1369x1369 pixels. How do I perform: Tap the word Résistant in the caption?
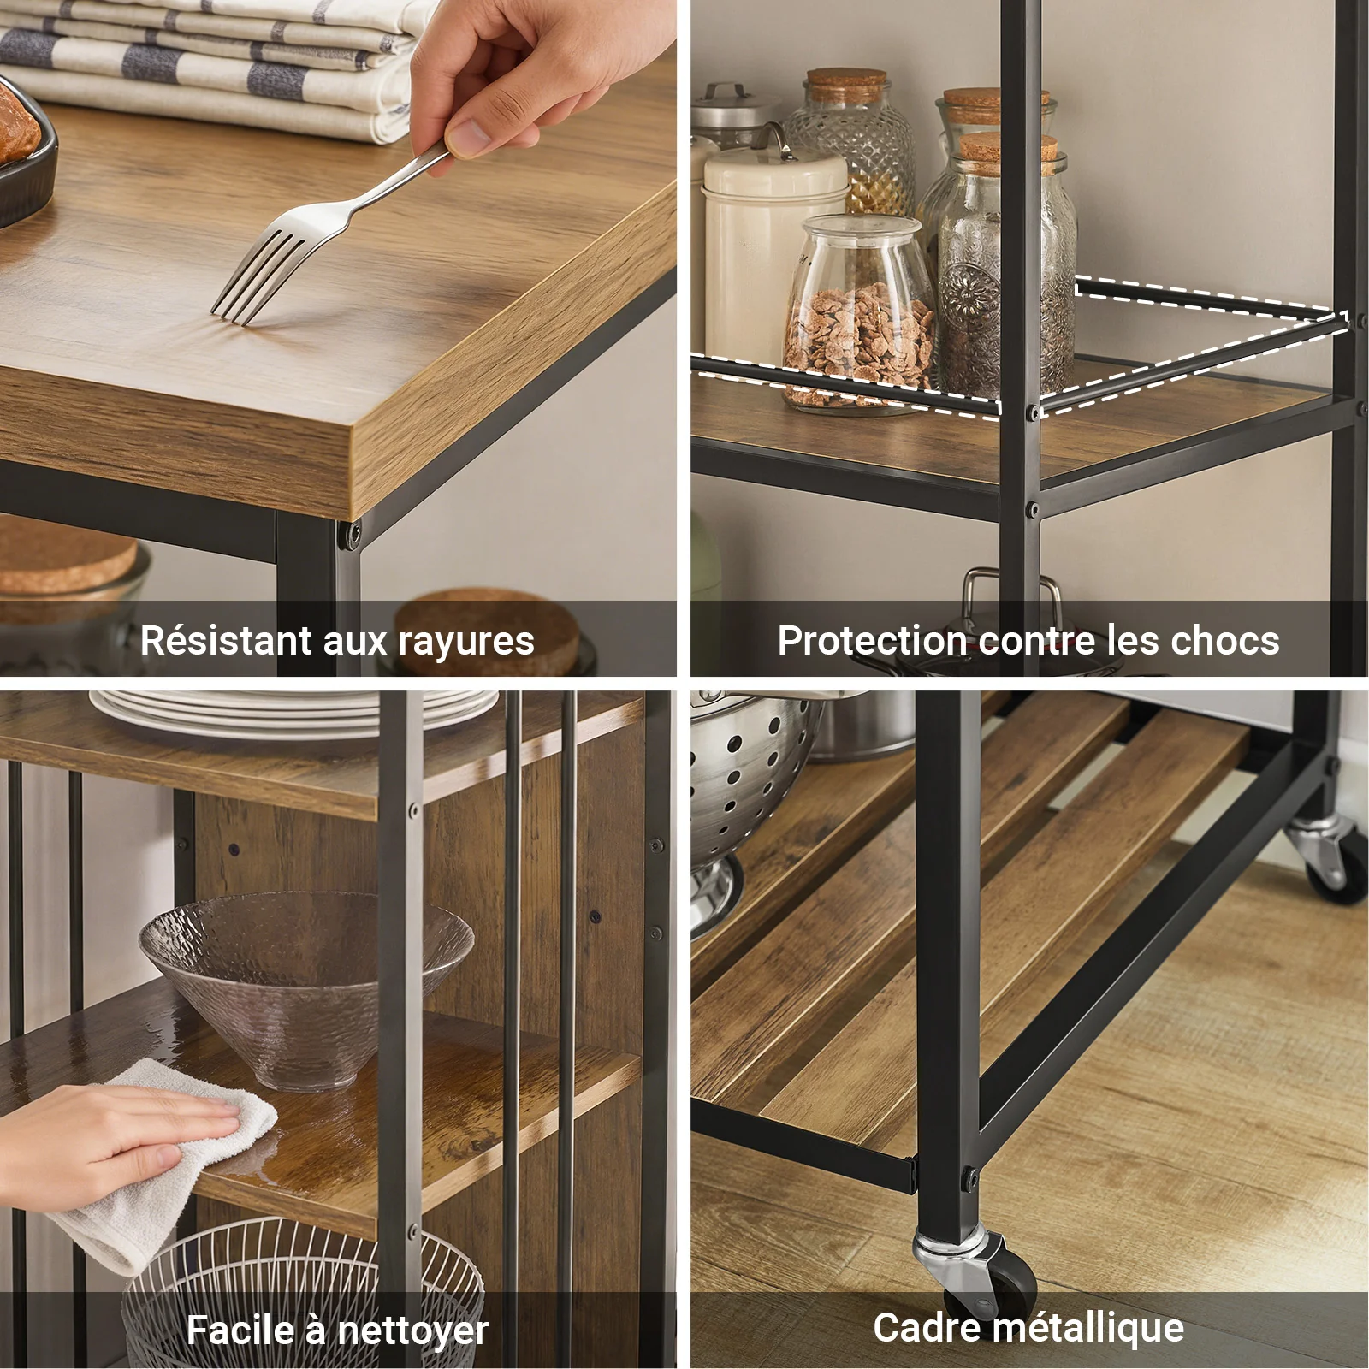(x=225, y=640)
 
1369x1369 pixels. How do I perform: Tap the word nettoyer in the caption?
(x=412, y=1330)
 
